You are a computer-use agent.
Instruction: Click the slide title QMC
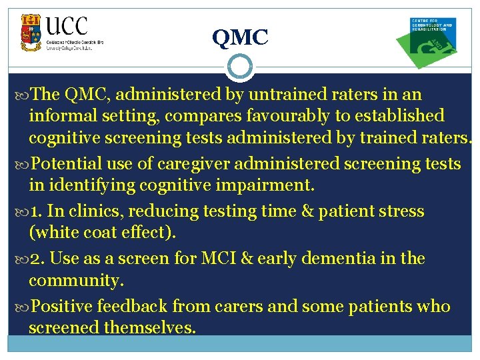(x=240, y=38)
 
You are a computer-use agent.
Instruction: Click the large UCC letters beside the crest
(x=67, y=27)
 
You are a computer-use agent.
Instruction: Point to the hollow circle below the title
(x=239, y=67)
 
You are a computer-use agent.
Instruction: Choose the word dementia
(x=340, y=259)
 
